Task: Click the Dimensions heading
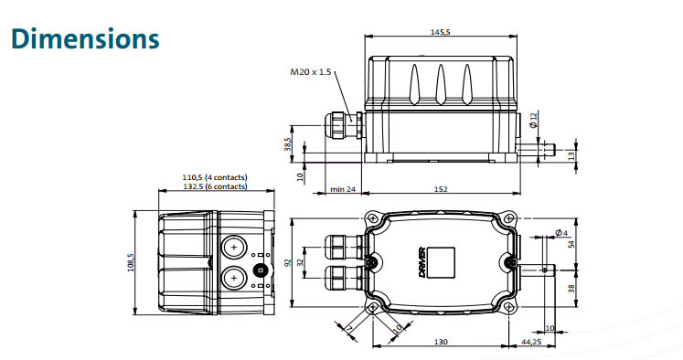85,38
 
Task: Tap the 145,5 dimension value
440,32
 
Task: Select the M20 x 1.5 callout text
311,72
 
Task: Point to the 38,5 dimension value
287,143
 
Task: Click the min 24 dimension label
343,189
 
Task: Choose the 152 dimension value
441,189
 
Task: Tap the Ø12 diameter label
534,120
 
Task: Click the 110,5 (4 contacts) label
214,177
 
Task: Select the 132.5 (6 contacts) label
214,186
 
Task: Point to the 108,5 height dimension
131,262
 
